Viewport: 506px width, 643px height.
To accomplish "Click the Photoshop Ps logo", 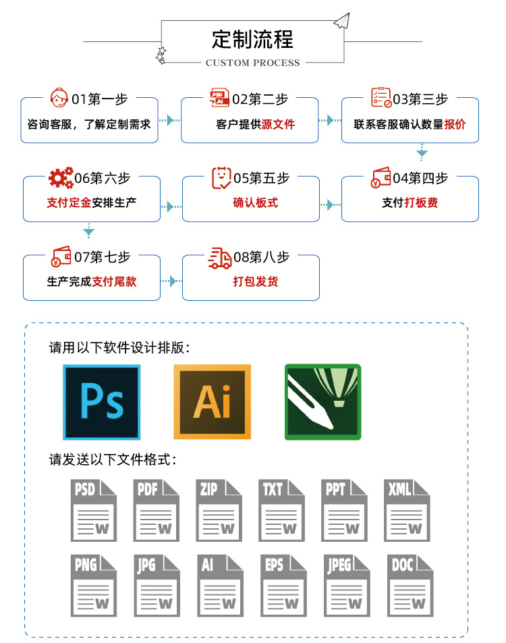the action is pos(101,402).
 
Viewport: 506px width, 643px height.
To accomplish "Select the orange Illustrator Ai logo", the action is pos(212,402).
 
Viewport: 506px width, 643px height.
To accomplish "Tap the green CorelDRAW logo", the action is pos(322,402).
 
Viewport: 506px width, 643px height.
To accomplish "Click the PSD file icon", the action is pos(93,510).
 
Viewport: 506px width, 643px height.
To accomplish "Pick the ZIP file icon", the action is pos(219,510).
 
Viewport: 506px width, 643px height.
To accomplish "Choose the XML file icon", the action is pos(407,510).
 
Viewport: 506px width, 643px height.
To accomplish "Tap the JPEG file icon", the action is pos(344,585).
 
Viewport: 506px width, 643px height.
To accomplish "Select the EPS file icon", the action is pos(281,585).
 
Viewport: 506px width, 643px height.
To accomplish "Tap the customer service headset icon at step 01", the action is pos(59,99).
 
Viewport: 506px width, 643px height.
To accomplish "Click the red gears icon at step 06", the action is pos(60,178).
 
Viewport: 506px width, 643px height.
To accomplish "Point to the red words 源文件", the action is pos(278,124).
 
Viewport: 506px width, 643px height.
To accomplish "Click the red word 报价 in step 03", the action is pos(455,124).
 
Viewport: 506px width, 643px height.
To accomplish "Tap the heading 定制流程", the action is pos(252,39).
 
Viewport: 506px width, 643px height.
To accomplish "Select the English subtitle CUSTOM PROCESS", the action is pos(252,63).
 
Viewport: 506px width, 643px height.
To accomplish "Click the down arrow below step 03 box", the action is pos(422,152).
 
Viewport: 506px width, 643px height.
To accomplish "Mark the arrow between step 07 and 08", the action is pos(171,281).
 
